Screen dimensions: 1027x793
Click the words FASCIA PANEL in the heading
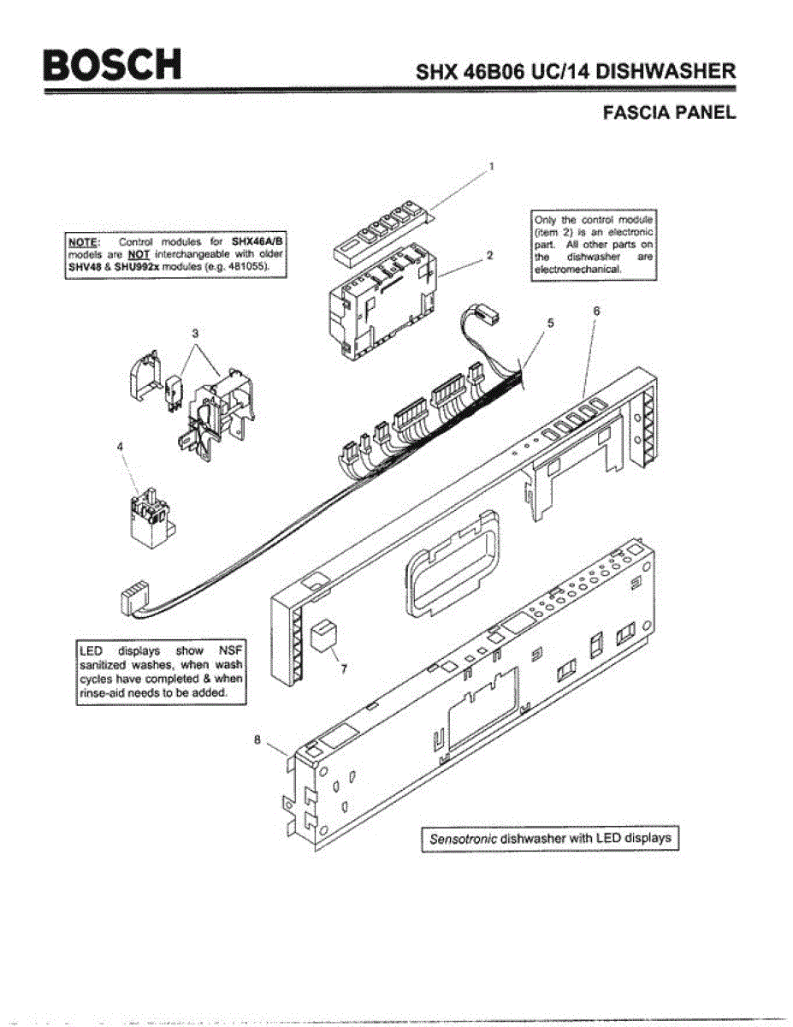pyautogui.click(x=669, y=112)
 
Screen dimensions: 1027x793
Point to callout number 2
pyautogui.click(x=488, y=254)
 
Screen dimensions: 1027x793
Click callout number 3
pyautogui.click(x=195, y=331)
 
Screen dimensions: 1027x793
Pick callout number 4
pyautogui.click(x=120, y=445)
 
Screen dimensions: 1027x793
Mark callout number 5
pyautogui.click(x=551, y=324)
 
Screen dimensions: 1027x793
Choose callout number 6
pyautogui.click(x=596, y=312)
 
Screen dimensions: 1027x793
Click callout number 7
pyautogui.click(x=344, y=668)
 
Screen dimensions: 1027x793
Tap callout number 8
pyautogui.click(x=256, y=741)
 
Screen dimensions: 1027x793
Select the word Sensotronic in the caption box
pyautogui.click(x=462, y=839)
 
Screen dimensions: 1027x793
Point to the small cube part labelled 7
pyautogui.click(x=323, y=635)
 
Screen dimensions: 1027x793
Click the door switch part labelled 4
pyautogui.click(x=146, y=518)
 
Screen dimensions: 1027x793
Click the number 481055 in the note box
pyautogui.click(x=249, y=266)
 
